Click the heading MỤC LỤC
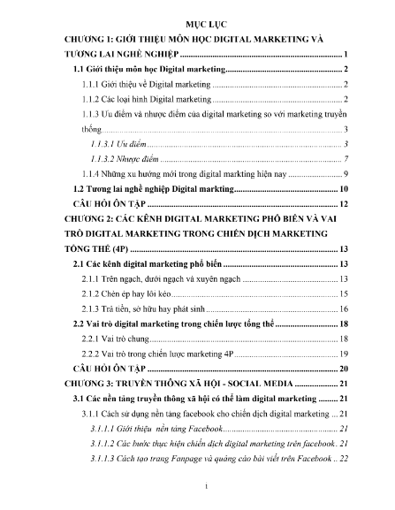(198, 23)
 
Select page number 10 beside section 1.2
(340, 189)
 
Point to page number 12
(340, 204)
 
